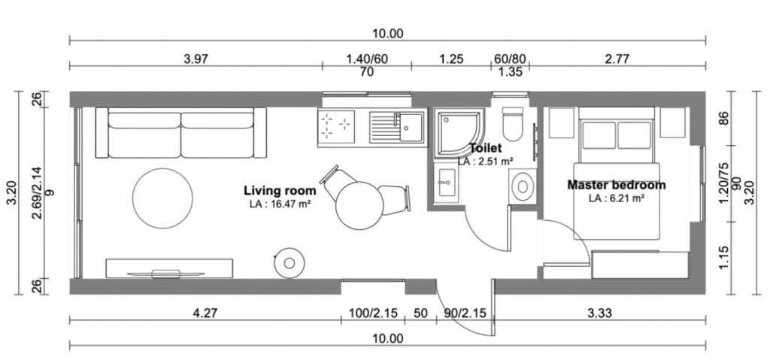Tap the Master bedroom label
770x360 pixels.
click(x=616, y=185)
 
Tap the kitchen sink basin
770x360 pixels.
click(x=412, y=126)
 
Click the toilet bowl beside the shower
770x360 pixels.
click(x=514, y=126)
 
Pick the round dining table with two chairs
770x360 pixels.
click(x=360, y=205)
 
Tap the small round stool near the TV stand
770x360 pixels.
click(x=289, y=262)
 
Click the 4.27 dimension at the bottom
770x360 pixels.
click(x=205, y=313)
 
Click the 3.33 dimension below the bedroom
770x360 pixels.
click(x=599, y=313)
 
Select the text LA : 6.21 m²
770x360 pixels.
click(x=616, y=198)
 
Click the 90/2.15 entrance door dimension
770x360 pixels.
click(x=464, y=313)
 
